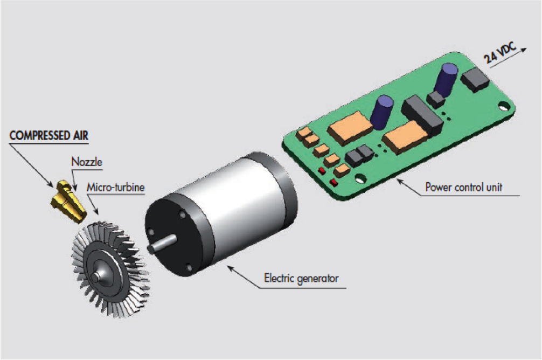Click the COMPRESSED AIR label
[48, 135]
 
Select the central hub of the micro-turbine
[97, 274]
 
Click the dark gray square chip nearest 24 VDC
[474, 80]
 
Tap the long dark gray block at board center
[422, 115]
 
